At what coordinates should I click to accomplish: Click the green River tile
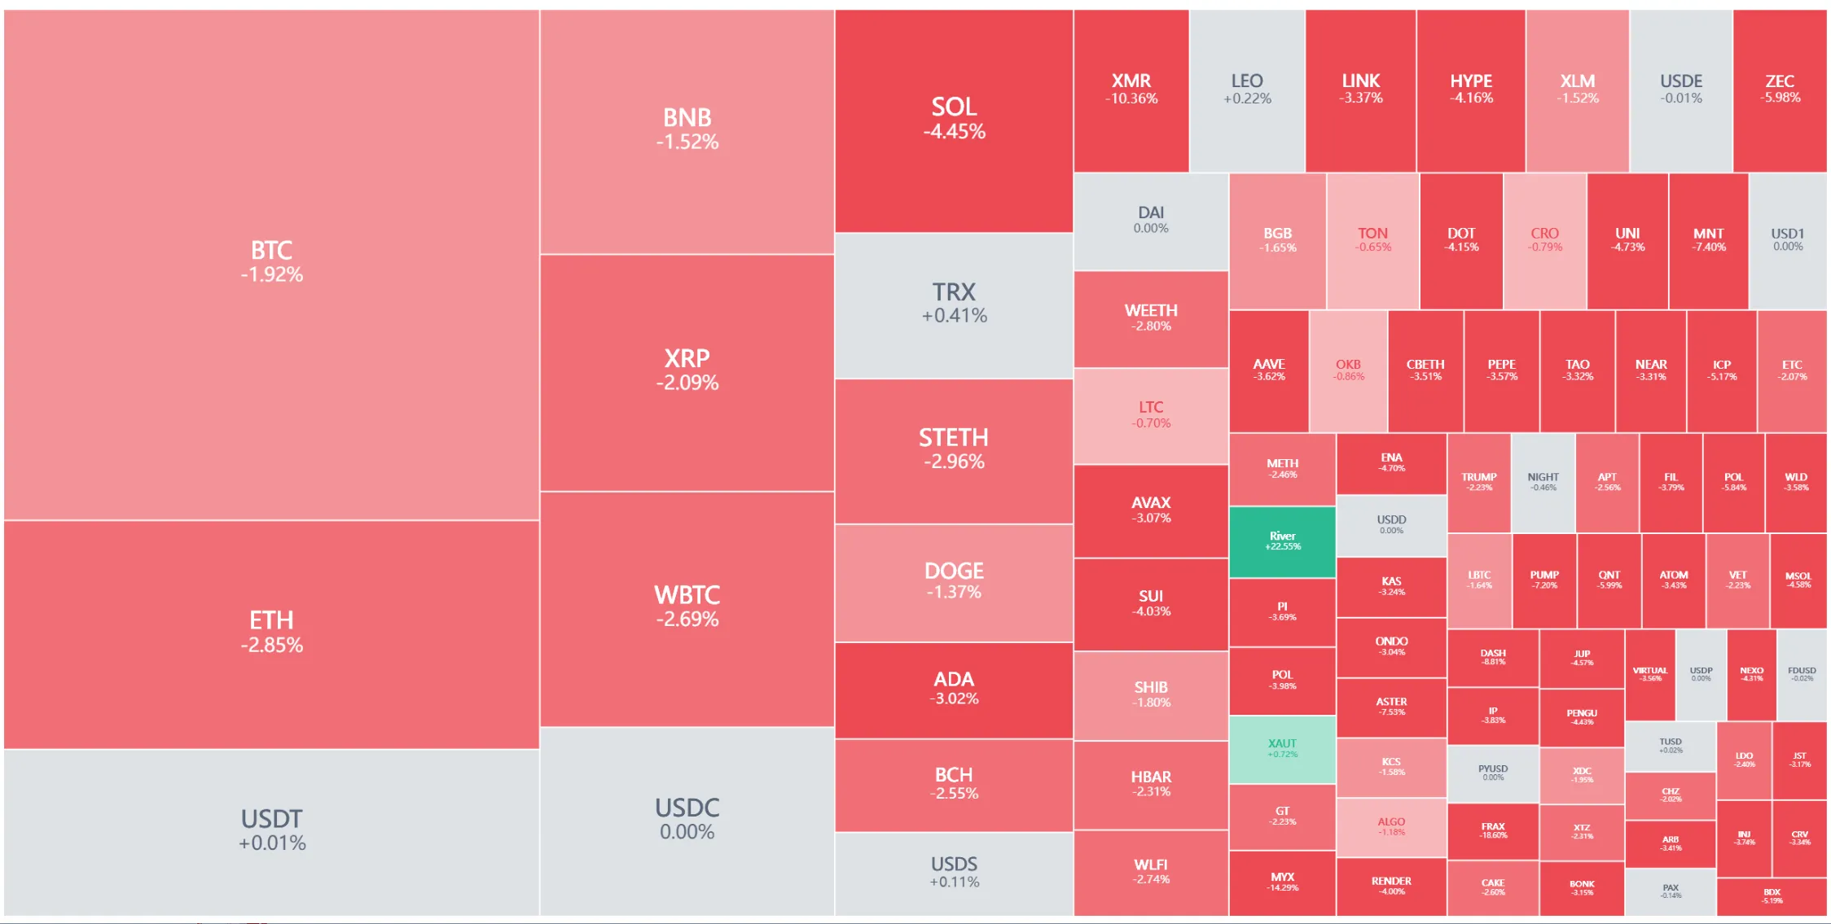[x=1282, y=541]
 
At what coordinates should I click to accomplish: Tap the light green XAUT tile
[x=1282, y=748]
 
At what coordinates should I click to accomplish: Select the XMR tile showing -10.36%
[x=1131, y=90]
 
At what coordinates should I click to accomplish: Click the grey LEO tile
[x=1246, y=90]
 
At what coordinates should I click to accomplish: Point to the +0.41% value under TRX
[x=954, y=316]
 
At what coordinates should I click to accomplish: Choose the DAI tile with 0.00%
[x=1150, y=220]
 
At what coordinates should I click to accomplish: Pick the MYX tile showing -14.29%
[x=1282, y=882]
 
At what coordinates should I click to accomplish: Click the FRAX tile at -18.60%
[x=1493, y=830]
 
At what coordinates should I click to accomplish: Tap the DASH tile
[x=1493, y=657]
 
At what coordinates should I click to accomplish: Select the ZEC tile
[x=1780, y=90]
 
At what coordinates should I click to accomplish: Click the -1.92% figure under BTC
[x=271, y=275]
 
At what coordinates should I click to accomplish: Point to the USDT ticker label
[x=271, y=818]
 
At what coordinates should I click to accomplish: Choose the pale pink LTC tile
[x=1150, y=414]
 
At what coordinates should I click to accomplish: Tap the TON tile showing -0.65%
[x=1372, y=240]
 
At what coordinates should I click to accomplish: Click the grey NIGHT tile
[x=1543, y=482]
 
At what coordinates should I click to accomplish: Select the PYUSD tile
[x=1493, y=773]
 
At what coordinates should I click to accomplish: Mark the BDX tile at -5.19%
[x=1772, y=896]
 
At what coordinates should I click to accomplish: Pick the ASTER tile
[x=1391, y=706]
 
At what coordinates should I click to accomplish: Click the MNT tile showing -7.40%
[x=1708, y=240]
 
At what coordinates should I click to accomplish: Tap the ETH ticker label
[x=271, y=620]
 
